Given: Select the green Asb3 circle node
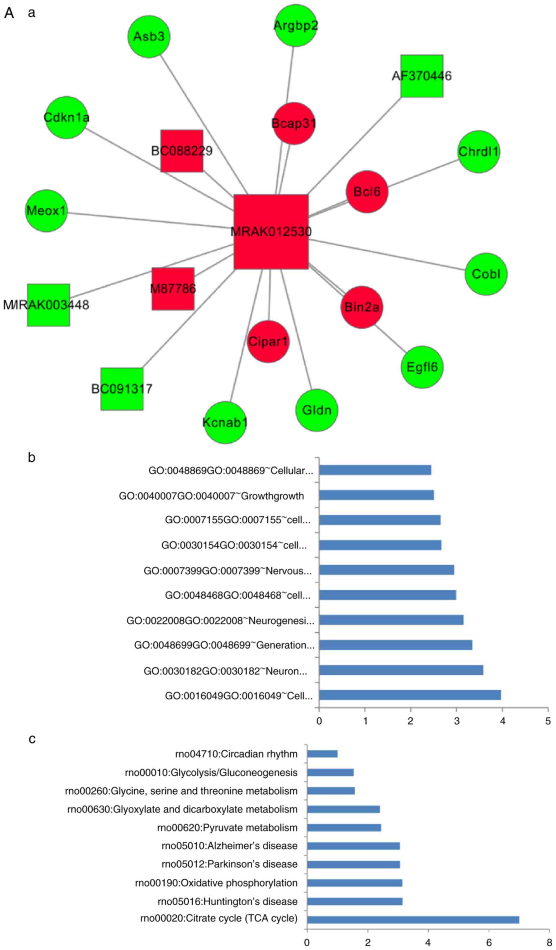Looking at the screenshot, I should (x=149, y=37).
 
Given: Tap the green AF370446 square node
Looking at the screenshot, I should (x=422, y=76).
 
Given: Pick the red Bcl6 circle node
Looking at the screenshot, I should (x=367, y=192).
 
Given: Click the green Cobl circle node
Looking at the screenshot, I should (x=486, y=274).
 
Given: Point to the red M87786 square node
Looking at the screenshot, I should (x=173, y=289).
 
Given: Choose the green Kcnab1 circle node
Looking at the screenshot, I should (x=225, y=422).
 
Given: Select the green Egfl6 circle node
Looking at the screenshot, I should (x=422, y=367).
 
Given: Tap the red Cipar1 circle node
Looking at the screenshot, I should (x=268, y=342).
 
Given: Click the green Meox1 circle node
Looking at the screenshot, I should (x=46, y=211).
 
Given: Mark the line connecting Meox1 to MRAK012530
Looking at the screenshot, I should (x=151, y=220).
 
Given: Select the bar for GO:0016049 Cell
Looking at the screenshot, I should (x=410, y=695).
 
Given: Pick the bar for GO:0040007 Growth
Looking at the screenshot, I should (x=376, y=495).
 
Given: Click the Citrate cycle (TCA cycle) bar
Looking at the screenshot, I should (x=413, y=920).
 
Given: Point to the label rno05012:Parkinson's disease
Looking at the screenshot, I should (x=230, y=864).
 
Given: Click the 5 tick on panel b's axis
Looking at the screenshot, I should (x=548, y=721).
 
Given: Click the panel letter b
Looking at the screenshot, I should (x=32, y=457).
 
